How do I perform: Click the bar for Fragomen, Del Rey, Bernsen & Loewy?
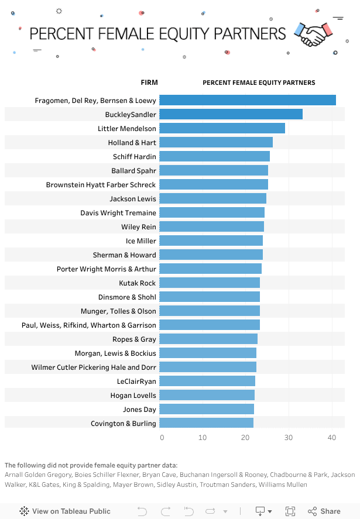click(247, 100)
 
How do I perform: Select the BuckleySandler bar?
click(231, 114)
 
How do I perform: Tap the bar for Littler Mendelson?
click(222, 128)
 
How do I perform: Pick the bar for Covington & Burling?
click(206, 423)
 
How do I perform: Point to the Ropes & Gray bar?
click(208, 339)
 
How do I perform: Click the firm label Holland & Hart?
click(132, 143)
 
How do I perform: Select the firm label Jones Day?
click(139, 410)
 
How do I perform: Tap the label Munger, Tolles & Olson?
click(118, 311)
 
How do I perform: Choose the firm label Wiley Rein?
click(139, 227)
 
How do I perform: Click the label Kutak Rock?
click(138, 283)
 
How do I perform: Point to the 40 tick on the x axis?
click(332, 438)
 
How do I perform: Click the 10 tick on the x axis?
click(203, 438)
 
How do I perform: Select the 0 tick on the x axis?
click(162, 438)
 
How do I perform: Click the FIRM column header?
click(149, 83)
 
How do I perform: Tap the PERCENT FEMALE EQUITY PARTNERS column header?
click(259, 83)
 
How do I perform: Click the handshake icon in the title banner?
click(313, 34)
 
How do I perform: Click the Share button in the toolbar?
click(324, 511)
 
